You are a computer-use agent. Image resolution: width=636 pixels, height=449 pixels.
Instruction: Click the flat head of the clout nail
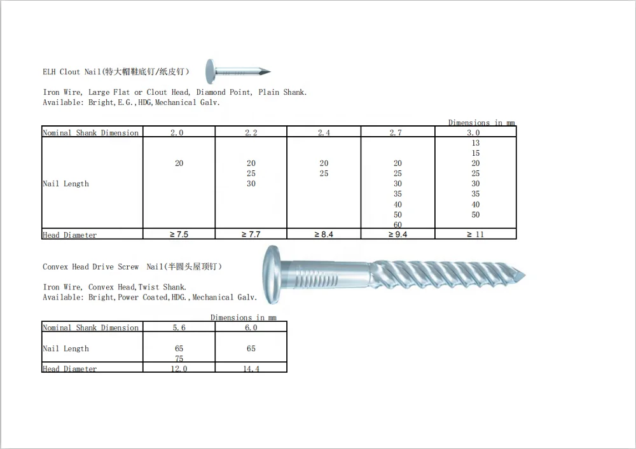tap(211, 72)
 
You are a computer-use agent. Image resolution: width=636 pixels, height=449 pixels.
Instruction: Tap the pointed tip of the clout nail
tap(270, 72)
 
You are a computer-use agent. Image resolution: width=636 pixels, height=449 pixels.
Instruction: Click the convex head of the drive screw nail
tap(271, 274)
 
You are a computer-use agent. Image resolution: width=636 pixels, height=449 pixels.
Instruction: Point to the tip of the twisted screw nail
tap(525, 275)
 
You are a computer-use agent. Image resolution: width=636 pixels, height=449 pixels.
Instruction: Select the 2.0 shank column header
tap(177, 133)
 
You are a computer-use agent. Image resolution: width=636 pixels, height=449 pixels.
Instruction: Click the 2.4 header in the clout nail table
tap(324, 133)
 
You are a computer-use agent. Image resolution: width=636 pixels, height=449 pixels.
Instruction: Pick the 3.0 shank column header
tap(473, 133)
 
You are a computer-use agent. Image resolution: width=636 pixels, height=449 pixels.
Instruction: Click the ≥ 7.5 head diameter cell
tap(179, 235)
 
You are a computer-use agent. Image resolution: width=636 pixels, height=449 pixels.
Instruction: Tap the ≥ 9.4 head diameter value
tap(397, 235)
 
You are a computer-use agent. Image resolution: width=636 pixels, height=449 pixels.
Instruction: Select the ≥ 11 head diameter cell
tap(475, 235)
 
